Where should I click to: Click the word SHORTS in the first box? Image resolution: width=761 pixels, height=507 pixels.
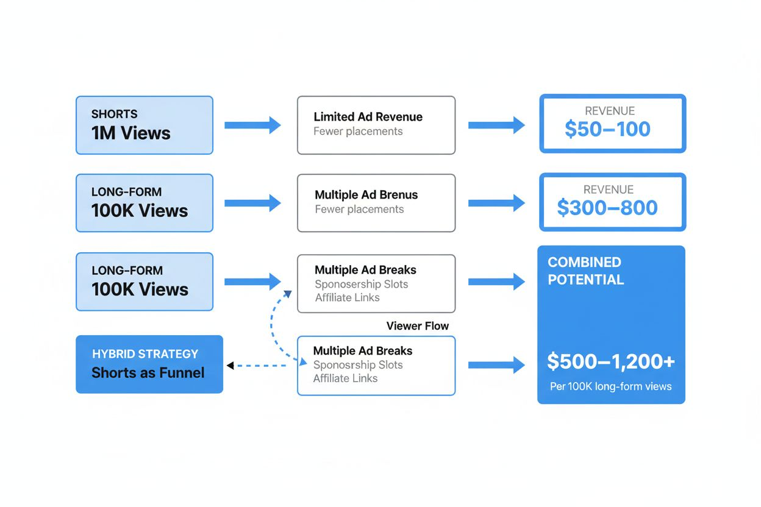(x=114, y=114)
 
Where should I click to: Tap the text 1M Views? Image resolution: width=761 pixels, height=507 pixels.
(x=130, y=133)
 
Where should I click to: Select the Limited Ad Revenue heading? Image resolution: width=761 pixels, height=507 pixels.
(x=368, y=117)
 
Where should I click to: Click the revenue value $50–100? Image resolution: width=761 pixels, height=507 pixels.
(x=607, y=129)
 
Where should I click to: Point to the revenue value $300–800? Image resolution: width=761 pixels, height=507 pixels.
(x=607, y=208)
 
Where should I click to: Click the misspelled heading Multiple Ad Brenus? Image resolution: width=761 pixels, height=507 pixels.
(x=366, y=195)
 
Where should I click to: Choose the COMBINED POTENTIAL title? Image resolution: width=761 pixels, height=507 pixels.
(x=585, y=271)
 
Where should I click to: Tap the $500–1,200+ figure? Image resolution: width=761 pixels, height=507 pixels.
(x=610, y=361)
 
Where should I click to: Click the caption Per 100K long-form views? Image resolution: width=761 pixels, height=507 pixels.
(x=610, y=386)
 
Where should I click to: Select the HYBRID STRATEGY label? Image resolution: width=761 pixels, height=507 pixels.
(x=145, y=354)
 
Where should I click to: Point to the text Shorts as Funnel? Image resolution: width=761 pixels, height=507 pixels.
(x=148, y=373)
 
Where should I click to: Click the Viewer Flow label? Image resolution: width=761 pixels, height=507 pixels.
(x=417, y=326)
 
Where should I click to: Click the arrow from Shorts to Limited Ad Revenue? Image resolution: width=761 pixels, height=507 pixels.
(x=252, y=126)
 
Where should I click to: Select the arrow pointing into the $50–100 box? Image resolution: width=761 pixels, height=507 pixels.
(x=496, y=126)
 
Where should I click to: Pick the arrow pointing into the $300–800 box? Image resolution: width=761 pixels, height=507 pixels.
(x=496, y=203)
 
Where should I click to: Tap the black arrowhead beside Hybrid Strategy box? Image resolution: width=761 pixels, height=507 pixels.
(x=230, y=366)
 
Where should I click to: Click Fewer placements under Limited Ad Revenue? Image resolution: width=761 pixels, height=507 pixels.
(x=358, y=132)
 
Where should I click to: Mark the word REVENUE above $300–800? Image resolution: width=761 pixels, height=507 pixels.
(x=608, y=190)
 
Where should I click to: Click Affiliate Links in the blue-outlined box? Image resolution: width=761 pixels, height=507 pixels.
(x=345, y=378)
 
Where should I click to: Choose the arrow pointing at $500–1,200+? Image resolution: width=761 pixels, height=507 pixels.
(x=496, y=365)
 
